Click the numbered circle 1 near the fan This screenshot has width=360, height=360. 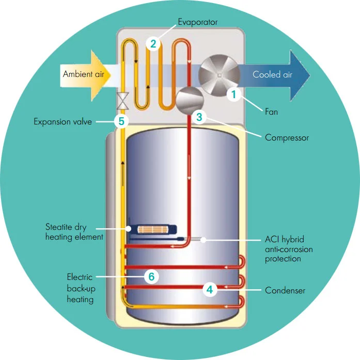pos(233,94)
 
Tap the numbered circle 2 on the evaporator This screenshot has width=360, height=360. pos(153,43)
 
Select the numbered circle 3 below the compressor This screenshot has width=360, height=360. pos(200,117)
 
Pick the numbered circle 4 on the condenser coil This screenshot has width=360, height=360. pos(209,290)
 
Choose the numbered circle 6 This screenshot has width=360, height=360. pos(151,277)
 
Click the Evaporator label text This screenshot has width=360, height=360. pos(198,22)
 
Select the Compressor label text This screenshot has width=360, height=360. pos(287,138)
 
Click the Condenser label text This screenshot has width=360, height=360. pos(285,290)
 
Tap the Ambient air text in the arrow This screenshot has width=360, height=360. pos(84,74)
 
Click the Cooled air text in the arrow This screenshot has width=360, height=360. pos(272,74)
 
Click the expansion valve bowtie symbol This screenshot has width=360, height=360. pos(123,100)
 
